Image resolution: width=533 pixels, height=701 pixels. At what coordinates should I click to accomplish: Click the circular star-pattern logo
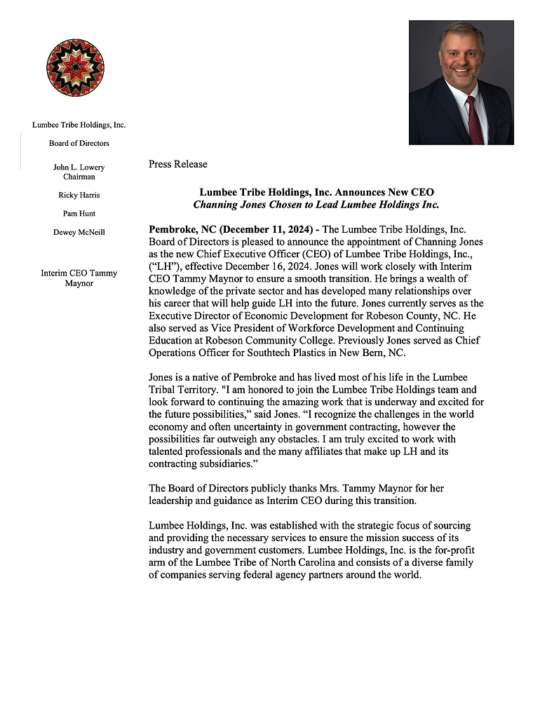pyautogui.click(x=75, y=68)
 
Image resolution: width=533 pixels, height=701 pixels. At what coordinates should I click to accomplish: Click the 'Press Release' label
pyautogui.click(x=178, y=164)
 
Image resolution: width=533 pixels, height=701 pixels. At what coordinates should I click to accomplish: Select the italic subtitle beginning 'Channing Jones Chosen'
pyautogui.click(x=316, y=205)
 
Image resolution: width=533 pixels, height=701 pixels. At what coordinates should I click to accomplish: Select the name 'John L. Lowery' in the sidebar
pyautogui.click(x=79, y=168)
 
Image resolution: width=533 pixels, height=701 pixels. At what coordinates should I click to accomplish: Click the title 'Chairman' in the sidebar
pyautogui.click(x=79, y=177)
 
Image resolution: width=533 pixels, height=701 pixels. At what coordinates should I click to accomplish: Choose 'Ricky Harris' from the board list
pyautogui.click(x=79, y=196)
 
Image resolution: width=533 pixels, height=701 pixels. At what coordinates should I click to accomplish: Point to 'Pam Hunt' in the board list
pyautogui.click(x=79, y=214)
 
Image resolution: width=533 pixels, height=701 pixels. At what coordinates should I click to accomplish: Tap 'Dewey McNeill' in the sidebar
pyautogui.click(x=79, y=233)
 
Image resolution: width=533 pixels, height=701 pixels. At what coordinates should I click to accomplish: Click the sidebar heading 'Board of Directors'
pyautogui.click(x=79, y=143)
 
